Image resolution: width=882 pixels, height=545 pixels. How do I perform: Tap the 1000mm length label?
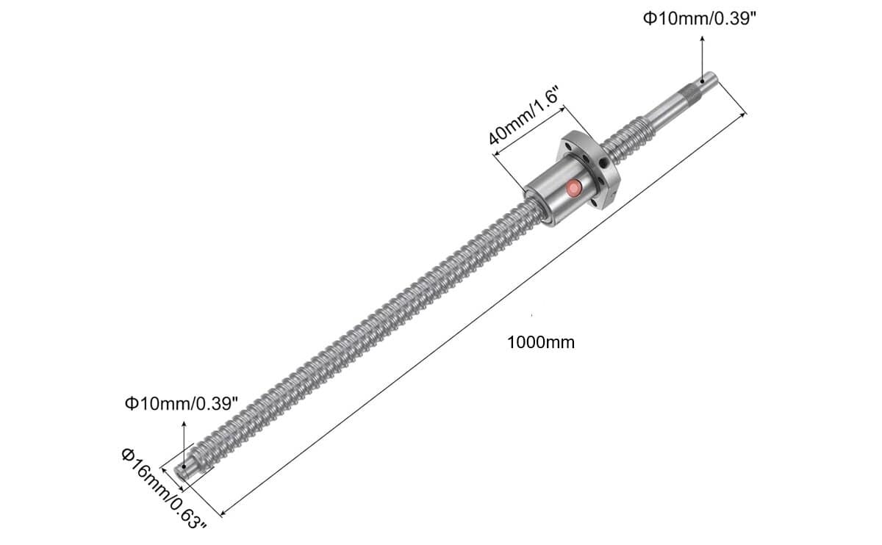[541, 343]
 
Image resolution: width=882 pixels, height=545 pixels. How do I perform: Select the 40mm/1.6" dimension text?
[523, 116]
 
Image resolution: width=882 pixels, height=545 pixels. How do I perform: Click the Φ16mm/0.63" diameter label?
[164, 489]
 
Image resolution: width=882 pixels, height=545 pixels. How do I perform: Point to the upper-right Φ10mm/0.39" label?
[700, 18]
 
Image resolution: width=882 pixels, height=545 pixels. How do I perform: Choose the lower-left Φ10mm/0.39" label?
[182, 404]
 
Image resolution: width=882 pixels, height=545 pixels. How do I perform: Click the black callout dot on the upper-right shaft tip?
[702, 82]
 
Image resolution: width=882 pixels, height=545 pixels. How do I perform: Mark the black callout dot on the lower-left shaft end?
[184, 466]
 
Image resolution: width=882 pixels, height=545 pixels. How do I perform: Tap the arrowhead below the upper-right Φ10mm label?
[702, 39]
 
